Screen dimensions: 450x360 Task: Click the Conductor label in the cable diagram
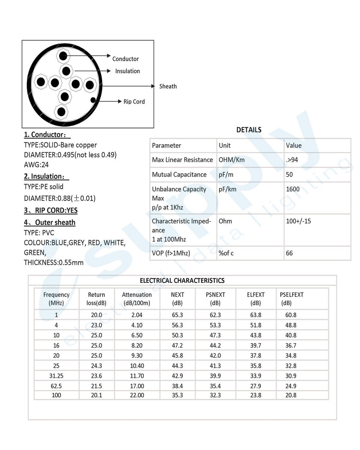125,59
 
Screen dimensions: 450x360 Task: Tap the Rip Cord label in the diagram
134,102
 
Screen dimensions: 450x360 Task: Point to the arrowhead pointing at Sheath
153,86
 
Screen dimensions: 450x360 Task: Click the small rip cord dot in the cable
93,100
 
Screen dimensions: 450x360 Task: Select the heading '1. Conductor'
47,135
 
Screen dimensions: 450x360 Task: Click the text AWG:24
36,165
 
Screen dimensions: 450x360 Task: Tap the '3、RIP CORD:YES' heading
51,211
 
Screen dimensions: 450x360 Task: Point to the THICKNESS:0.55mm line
54,262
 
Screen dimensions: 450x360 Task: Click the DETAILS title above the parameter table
249,130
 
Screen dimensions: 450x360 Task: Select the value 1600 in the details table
293,189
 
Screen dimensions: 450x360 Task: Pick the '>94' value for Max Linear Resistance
292,160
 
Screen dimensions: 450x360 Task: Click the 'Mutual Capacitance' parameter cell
179,175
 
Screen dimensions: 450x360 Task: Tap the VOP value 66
289,253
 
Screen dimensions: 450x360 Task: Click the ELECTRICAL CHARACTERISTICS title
182,281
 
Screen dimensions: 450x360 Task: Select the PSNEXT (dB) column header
215,299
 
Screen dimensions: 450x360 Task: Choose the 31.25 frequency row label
56,376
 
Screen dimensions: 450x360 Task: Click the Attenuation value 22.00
137,395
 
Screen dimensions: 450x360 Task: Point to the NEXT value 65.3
177,315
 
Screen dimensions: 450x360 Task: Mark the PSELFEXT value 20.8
291,395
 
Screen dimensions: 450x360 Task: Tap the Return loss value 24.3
97,366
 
